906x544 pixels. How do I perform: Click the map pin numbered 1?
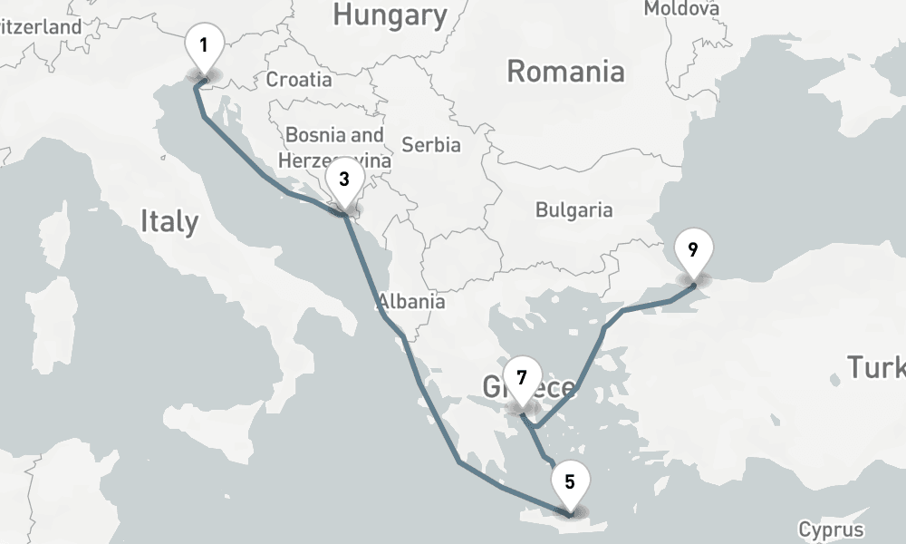click(x=204, y=45)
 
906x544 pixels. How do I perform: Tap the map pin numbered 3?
click(x=344, y=180)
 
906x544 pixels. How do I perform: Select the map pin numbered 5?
click(x=570, y=482)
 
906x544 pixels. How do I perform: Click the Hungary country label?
click(x=390, y=15)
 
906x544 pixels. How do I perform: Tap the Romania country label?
click(x=565, y=71)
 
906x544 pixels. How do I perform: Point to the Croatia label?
click(x=298, y=80)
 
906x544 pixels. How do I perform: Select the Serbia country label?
click(x=430, y=145)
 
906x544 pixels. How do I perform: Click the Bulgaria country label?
click(x=573, y=210)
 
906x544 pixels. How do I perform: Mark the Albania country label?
click(x=412, y=302)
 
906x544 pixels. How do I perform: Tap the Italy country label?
click(x=169, y=220)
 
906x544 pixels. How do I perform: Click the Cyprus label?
click(x=831, y=529)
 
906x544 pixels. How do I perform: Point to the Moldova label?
click(x=681, y=9)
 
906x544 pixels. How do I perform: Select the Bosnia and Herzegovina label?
click(x=334, y=147)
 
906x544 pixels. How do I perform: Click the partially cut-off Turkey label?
click(x=875, y=367)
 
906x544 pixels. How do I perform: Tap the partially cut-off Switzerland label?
click(x=41, y=27)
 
